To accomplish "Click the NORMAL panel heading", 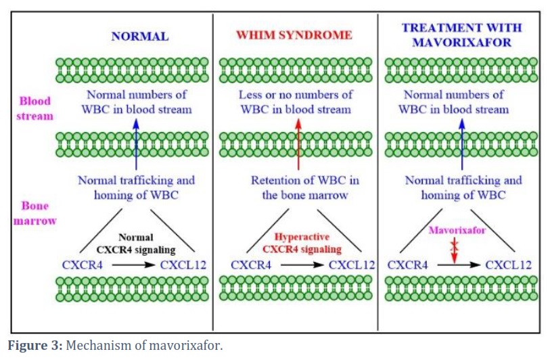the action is pos(140,37).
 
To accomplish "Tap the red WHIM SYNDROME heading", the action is pos(294,35).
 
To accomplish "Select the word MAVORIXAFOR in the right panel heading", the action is pos(461,42).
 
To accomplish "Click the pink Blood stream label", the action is pos(34,108).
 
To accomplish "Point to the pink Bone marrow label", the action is pos(34,213).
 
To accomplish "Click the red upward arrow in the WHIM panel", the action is pos(298,144).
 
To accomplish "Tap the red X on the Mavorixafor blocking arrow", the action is pos(455,244).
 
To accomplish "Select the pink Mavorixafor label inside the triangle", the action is pos(457,230).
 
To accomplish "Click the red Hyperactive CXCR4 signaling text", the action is pos(302,243).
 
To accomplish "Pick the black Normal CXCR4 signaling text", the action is pos(136,244).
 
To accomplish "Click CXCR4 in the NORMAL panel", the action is pos(83,265).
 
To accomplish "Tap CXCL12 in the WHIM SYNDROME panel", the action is pos(352,265).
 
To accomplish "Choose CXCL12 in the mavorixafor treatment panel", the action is pos(508,265).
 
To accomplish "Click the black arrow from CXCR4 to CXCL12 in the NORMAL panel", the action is pos(133,265).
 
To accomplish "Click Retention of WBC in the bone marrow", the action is pos(305,187).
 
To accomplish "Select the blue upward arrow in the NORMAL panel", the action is pos(136,144).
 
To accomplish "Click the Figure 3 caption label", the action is pos(35,345).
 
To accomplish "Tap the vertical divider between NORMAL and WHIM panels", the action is pos(213,172).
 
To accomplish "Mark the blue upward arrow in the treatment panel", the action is pos(462,144).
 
